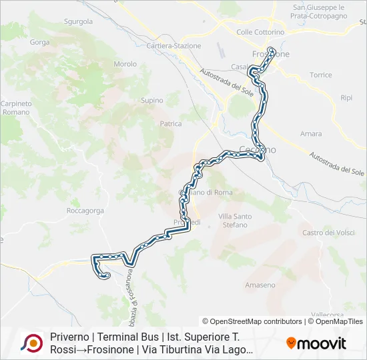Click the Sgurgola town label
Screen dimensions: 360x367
click(78, 21)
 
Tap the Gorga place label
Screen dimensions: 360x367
click(40, 42)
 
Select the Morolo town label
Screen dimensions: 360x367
click(125, 64)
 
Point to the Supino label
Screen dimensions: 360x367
click(151, 101)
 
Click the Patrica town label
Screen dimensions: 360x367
click(171, 124)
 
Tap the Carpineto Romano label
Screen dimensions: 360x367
click(15, 108)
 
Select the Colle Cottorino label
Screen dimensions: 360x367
click(260, 32)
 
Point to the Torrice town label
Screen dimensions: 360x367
click(320, 75)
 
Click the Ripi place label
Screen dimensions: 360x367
click(346, 97)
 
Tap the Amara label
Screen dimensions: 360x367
click(311, 134)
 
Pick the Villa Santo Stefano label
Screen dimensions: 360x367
click(235, 221)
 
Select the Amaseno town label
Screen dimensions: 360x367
click(260, 285)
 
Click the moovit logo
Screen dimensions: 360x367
click(316, 343)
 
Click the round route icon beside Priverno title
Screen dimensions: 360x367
click(31, 343)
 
